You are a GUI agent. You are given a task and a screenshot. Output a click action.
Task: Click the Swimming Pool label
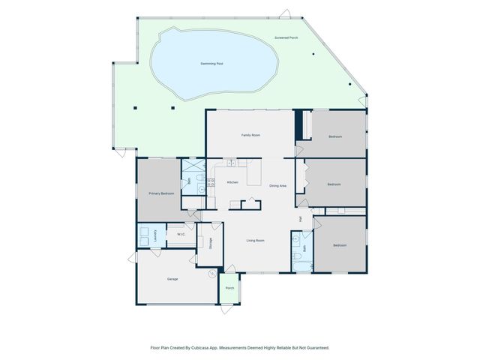(x=212, y=64)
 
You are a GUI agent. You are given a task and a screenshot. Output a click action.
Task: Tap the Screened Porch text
(x=287, y=37)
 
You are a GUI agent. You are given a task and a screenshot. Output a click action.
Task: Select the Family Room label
(x=250, y=135)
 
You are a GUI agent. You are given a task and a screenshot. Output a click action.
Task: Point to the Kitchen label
(x=232, y=182)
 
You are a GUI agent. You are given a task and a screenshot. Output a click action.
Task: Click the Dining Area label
(x=277, y=185)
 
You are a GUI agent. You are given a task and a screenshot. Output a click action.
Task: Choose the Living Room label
(x=256, y=240)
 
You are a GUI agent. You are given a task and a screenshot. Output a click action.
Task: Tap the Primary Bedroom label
(x=161, y=193)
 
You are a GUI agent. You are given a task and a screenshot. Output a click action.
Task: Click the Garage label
(x=172, y=279)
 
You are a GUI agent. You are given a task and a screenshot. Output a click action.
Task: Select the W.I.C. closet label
(x=181, y=235)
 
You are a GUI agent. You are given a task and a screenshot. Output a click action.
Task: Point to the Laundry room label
(x=155, y=233)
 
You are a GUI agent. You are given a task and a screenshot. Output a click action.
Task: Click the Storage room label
(x=211, y=243)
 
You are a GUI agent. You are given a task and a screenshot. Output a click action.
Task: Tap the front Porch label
(x=230, y=288)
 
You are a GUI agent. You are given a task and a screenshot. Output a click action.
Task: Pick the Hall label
(x=300, y=218)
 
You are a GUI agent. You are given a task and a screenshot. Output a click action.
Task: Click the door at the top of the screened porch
(x=284, y=14)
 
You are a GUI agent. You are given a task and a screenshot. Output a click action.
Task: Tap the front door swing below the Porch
(x=228, y=307)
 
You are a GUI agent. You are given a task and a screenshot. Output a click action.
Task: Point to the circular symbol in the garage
(x=211, y=274)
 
